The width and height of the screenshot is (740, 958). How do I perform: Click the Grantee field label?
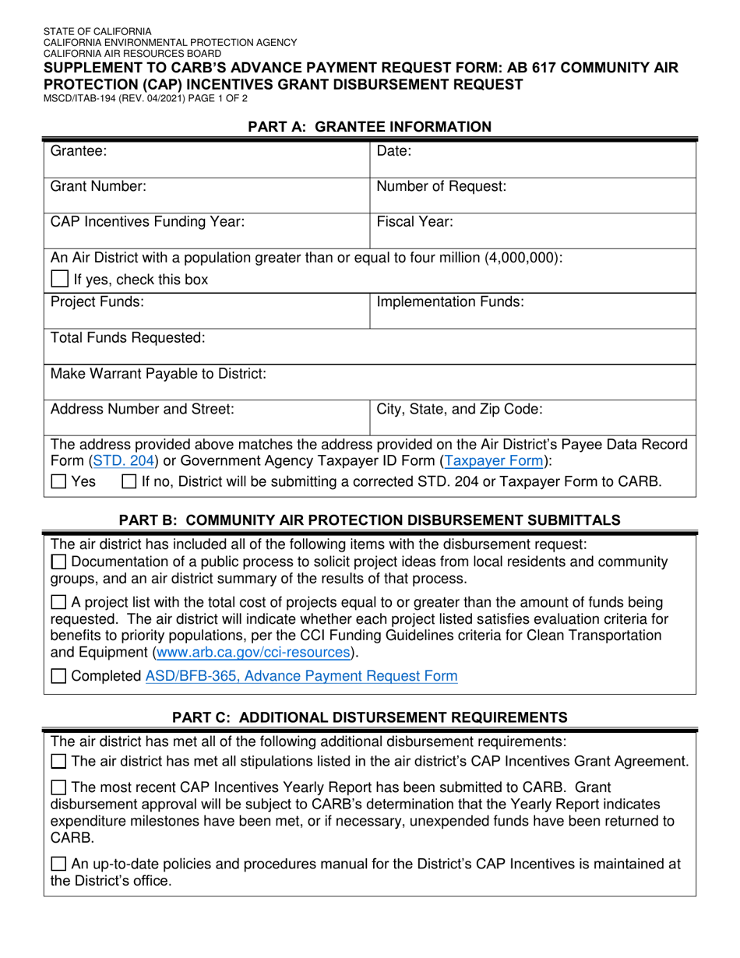(x=78, y=151)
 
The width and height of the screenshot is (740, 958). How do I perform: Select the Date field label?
(x=394, y=151)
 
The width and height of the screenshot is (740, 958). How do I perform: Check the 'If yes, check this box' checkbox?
(x=59, y=280)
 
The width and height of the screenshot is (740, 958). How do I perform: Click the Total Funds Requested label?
(x=128, y=337)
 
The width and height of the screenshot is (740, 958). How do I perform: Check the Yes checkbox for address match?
(x=58, y=482)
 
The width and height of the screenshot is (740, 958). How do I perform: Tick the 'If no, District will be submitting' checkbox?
(x=130, y=482)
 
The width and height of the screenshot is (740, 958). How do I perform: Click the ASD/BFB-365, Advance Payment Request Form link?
(x=301, y=676)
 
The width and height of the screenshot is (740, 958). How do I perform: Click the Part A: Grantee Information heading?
(x=369, y=126)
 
